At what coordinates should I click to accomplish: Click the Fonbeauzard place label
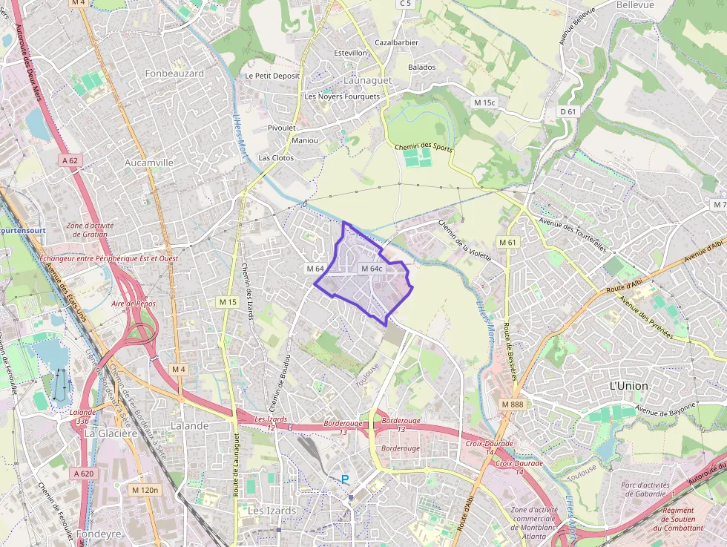[x=174, y=73]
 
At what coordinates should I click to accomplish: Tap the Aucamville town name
[x=149, y=162]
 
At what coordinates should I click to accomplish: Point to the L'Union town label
[x=628, y=386]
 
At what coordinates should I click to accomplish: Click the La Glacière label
[x=111, y=433]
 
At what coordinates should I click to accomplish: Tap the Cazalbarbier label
[x=396, y=42]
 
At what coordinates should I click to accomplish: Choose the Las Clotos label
[x=276, y=158]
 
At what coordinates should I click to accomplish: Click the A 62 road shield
[x=70, y=160]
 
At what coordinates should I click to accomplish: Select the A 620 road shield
[x=84, y=474]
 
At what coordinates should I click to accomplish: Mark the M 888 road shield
[x=512, y=404]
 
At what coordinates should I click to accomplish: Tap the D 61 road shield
[x=568, y=111]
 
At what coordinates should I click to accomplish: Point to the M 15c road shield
[x=484, y=102]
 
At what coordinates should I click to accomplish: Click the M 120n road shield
[x=145, y=490]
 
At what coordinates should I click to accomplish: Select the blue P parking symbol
[x=344, y=480]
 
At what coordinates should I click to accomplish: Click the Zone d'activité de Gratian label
[x=87, y=229]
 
